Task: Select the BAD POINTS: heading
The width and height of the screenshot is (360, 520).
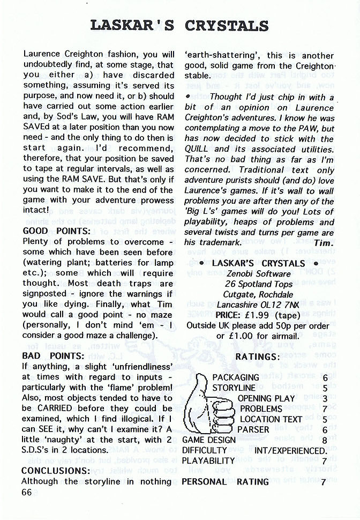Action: (53, 356)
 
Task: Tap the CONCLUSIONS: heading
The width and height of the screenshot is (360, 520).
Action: (56, 471)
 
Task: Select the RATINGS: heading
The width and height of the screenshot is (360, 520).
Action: (258, 356)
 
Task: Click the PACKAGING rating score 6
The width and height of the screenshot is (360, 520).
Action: (325, 377)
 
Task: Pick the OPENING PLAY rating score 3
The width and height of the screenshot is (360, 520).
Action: (325, 398)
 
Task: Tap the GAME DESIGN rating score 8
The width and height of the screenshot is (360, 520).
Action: (325, 440)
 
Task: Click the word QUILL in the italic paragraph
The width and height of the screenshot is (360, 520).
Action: (196, 149)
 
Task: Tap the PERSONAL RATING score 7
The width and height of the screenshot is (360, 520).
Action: (324, 481)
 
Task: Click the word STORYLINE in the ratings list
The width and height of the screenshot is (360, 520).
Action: (234, 388)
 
